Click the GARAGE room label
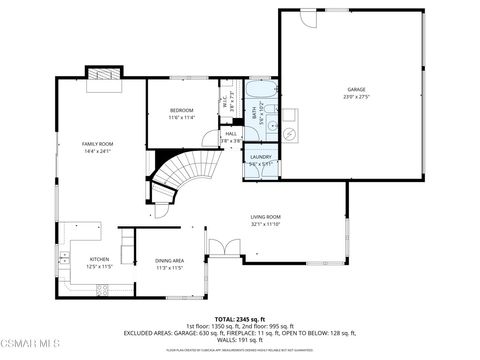pos(357,89)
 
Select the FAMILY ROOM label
pos(98,145)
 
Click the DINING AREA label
pos(169,260)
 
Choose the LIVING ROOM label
pos(265,217)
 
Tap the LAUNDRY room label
pos(261,157)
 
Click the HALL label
pos(231,134)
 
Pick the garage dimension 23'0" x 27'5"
pos(357,97)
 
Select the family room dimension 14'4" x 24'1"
pos(98,152)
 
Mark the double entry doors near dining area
pos(220,251)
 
